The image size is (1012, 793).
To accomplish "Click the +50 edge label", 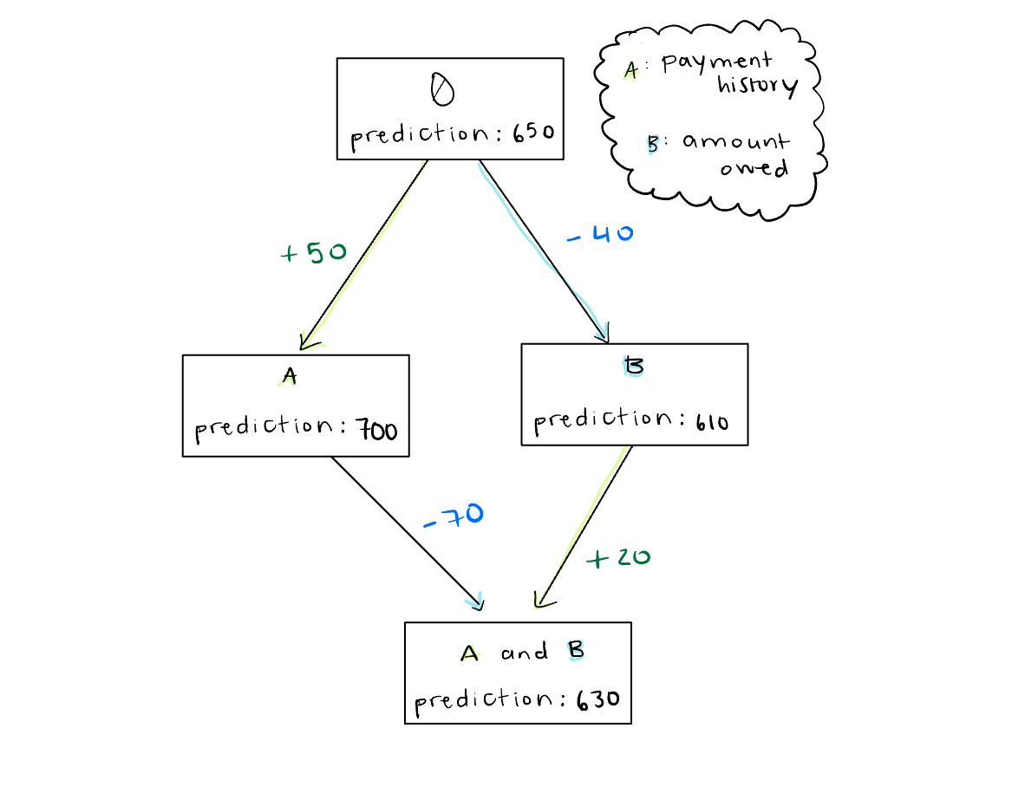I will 314,253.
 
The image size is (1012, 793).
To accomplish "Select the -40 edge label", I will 600,234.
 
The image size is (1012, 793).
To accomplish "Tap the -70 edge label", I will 453,516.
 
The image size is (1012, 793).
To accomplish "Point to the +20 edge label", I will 618,557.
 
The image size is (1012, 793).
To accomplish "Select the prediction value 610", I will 710,422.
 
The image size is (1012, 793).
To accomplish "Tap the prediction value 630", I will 597,698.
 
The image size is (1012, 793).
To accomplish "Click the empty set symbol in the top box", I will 442,88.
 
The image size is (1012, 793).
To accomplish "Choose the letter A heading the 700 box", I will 290,376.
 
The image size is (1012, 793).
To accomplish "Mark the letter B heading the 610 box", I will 635,367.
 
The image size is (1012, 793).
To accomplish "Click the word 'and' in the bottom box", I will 524,653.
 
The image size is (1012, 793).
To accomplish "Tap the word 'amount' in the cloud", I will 735,141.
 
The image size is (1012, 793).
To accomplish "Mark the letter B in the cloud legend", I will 653,144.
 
